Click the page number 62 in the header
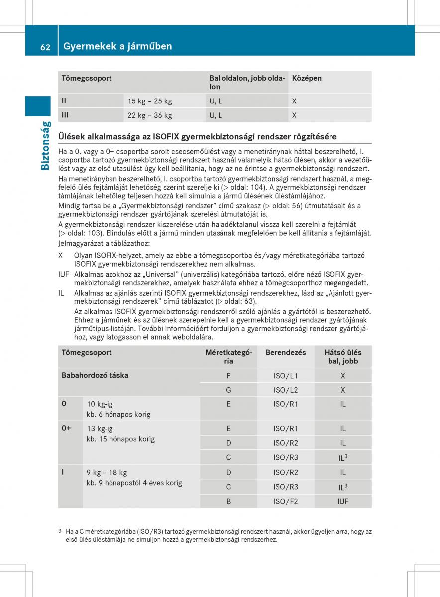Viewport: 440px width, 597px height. click(x=45, y=47)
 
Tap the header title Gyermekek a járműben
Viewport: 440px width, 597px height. click(x=117, y=46)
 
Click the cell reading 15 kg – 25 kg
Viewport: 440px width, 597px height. click(x=150, y=101)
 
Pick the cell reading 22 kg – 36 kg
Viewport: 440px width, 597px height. click(x=150, y=115)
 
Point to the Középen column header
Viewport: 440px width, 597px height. click(x=307, y=78)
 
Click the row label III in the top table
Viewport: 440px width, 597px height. click(x=65, y=115)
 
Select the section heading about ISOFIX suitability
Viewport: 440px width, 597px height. click(x=197, y=136)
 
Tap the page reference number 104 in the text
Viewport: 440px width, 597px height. click(x=258, y=187)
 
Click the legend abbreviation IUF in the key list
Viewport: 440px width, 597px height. click(x=64, y=274)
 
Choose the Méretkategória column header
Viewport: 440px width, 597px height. click(x=228, y=357)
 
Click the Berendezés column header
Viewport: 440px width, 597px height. click(x=286, y=352)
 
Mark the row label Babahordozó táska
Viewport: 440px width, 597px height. click(x=95, y=375)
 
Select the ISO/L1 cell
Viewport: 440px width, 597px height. click(x=286, y=376)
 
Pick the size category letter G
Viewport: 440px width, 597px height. click(x=229, y=390)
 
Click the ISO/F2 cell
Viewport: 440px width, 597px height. click(x=286, y=501)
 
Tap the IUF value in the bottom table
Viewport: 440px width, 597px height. click(x=343, y=501)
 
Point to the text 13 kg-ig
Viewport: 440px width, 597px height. click(x=100, y=428)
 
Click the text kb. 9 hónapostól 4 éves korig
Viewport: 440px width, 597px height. click(x=134, y=483)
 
